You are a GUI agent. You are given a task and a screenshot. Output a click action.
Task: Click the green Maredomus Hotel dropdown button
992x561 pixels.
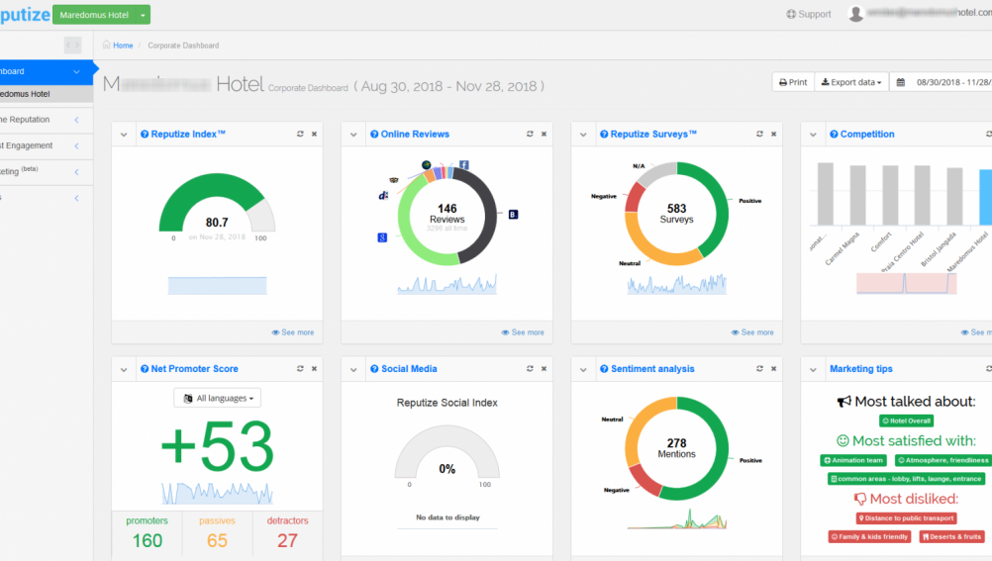click(x=102, y=15)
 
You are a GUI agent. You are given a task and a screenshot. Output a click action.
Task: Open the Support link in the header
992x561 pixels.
click(x=809, y=14)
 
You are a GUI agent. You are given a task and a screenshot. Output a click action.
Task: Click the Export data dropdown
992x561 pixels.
click(x=851, y=82)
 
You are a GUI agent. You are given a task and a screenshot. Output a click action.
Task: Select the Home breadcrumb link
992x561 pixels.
click(x=123, y=46)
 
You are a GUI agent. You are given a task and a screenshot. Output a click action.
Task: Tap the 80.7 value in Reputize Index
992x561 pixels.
click(x=217, y=223)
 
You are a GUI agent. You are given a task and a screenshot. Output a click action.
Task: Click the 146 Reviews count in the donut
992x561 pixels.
click(x=447, y=209)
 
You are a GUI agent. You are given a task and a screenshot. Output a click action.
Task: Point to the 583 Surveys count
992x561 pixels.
click(x=676, y=209)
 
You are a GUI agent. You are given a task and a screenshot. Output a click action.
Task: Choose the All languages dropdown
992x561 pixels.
click(x=218, y=398)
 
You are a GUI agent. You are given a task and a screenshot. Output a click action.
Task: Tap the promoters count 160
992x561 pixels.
click(x=148, y=540)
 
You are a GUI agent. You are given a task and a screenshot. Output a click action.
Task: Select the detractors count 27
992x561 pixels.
click(x=287, y=540)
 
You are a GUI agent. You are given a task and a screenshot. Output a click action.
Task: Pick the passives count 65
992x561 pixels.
click(x=217, y=540)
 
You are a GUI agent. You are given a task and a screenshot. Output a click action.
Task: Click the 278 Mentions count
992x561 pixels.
click(x=676, y=443)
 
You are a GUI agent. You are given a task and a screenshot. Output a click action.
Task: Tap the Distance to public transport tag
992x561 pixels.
click(x=906, y=517)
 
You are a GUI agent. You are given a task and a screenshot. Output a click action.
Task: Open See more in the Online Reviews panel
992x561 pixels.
click(x=523, y=332)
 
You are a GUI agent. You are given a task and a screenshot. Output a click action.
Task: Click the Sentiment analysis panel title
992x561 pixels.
click(x=652, y=369)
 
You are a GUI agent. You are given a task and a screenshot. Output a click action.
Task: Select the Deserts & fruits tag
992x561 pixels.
click(x=951, y=536)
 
